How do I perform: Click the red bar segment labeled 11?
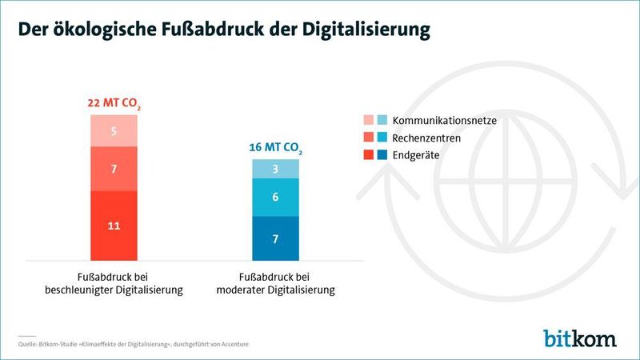pos(114,226)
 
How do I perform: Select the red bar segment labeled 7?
pos(114,169)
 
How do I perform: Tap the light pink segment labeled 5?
pos(114,130)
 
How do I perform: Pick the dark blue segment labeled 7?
pos(275,238)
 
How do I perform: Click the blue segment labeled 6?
pos(275,197)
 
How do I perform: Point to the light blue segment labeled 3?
pos(275,169)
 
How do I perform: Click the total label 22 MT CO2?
pos(114,104)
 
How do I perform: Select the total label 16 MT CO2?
pos(275,149)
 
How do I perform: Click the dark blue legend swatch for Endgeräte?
pos(382,154)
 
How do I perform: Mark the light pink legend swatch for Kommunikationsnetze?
pos(368,121)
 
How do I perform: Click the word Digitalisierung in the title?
pos(366,29)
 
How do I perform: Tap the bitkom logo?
pos(580,338)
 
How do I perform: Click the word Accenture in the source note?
pos(231,345)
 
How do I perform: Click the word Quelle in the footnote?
pos(29,345)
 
